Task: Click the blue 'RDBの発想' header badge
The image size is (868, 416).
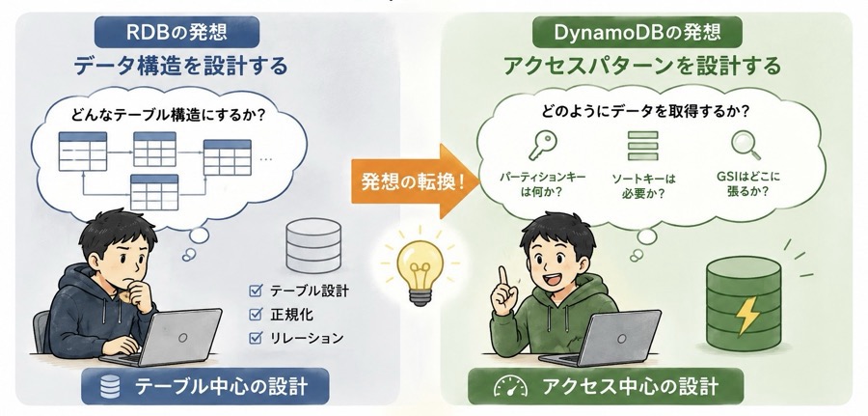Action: (x=176, y=32)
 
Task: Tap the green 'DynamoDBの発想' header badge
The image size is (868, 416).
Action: (x=637, y=32)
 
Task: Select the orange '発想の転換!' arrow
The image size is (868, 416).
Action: (x=415, y=181)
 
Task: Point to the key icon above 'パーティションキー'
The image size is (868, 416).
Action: (x=542, y=144)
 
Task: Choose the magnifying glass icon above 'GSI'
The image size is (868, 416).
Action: (x=746, y=145)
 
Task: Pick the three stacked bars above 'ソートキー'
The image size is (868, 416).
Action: (x=642, y=146)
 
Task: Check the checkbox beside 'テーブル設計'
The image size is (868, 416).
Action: (x=256, y=290)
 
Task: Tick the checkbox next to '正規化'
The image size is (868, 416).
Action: (x=256, y=314)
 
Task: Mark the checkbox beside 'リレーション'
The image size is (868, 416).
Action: (x=256, y=338)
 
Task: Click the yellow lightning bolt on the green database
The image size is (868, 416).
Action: (x=746, y=316)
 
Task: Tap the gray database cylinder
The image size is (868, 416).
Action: (x=313, y=245)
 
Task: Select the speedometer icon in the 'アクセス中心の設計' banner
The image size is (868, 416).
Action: (x=507, y=387)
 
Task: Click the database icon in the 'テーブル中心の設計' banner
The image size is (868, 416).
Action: (x=110, y=387)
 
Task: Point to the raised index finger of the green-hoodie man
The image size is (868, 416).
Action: (x=502, y=278)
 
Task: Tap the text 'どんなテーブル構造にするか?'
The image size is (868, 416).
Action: (x=168, y=117)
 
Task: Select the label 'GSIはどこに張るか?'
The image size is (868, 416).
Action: (x=747, y=185)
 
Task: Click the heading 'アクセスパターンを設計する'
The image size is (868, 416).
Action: (x=641, y=66)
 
